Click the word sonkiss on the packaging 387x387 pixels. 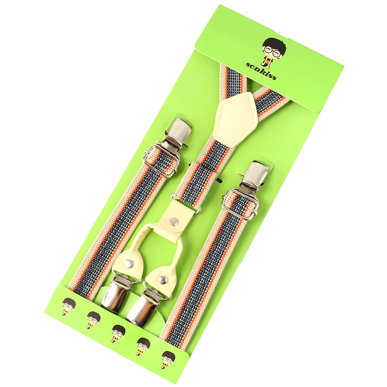(x=261, y=71)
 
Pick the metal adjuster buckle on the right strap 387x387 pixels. (x=241, y=204)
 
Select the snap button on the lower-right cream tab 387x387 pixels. (x=163, y=280)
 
